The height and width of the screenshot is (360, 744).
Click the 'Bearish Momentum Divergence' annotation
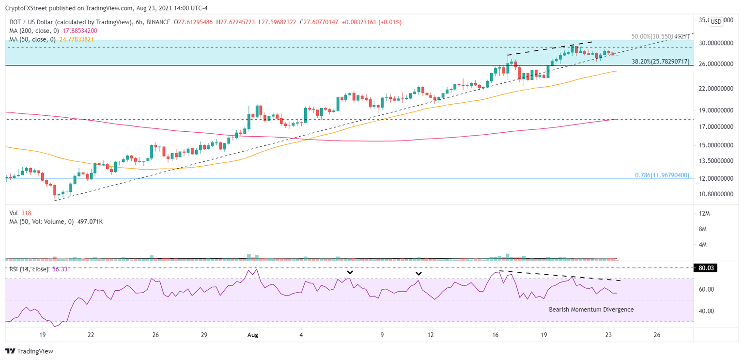tap(591, 310)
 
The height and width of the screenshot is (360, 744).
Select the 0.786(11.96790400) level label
tap(662, 175)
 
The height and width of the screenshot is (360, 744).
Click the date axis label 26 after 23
tap(657, 334)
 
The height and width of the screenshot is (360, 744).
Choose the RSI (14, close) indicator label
tap(29, 269)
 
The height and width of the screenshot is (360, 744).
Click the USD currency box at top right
tap(716, 21)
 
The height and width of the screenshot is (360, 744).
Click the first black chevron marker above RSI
tap(350, 273)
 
